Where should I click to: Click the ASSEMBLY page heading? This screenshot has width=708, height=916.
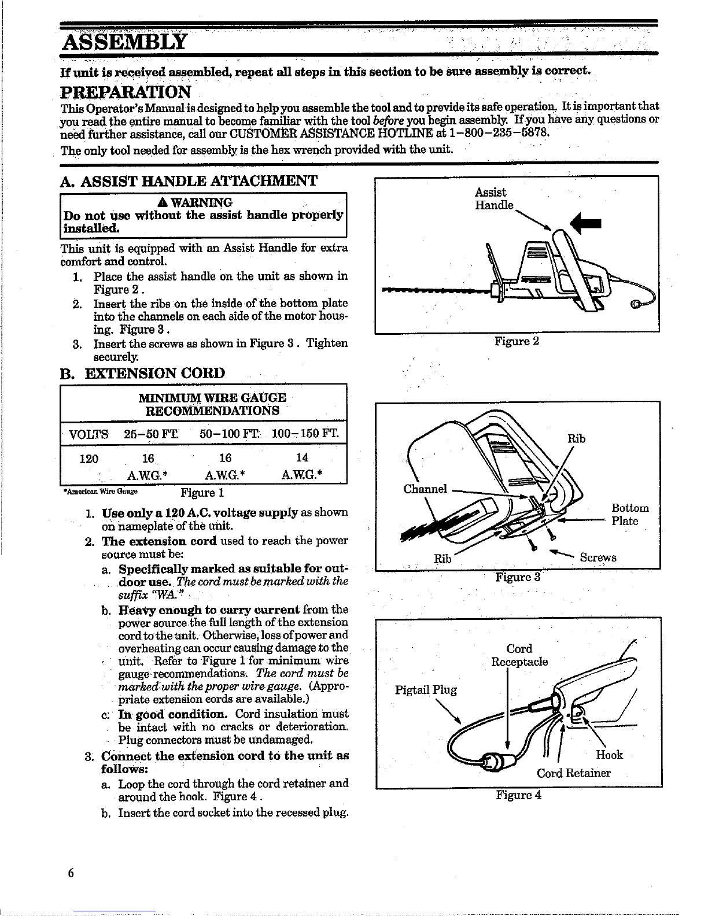124,42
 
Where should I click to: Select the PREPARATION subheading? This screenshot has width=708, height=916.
126,92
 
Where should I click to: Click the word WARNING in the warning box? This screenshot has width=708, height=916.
201,202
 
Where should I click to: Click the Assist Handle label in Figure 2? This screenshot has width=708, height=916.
493,198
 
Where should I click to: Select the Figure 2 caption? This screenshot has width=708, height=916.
517,341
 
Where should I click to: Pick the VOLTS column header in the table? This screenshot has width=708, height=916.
89,434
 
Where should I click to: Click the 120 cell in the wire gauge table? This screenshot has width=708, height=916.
89,459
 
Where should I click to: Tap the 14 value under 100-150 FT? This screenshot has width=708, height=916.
302,457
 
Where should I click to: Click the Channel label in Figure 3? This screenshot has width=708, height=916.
425,489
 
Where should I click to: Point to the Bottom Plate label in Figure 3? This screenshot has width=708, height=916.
630,514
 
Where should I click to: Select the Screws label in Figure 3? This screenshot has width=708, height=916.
598,557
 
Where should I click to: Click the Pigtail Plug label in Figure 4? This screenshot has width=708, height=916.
426,690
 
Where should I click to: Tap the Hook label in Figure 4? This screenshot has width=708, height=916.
609,755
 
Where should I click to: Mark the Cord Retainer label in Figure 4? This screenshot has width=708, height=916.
573,773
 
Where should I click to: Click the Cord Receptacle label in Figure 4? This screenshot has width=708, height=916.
519,655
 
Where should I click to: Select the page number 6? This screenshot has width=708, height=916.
71,873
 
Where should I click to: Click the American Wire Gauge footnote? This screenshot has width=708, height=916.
100,492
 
